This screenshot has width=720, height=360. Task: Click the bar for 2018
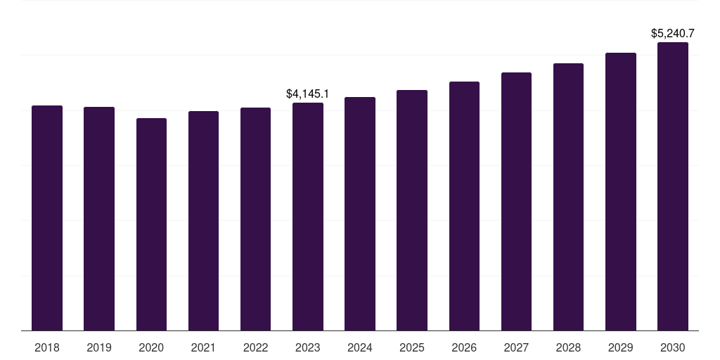point(47,218)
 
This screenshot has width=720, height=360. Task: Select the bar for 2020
point(152,224)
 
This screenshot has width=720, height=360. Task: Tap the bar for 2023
point(308,217)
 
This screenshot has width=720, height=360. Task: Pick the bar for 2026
point(464,206)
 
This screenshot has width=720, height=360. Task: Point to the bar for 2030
point(673,186)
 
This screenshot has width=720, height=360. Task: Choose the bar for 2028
point(568,197)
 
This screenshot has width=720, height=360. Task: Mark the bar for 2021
point(203,221)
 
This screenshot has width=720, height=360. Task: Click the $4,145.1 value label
point(308,94)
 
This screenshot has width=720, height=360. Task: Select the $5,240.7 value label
point(673,34)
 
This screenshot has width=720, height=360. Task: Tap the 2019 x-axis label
point(99,347)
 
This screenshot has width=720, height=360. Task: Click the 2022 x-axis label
point(255,347)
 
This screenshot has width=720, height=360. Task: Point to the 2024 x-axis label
point(360,347)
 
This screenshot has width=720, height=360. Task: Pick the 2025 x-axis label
point(412,347)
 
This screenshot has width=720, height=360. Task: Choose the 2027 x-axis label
point(516,347)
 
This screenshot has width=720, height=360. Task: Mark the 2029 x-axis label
point(620,347)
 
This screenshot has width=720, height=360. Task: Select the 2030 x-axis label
point(673,347)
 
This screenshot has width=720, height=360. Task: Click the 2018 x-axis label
point(47,347)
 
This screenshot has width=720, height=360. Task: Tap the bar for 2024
point(360,214)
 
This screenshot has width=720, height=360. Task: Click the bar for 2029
point(621,192)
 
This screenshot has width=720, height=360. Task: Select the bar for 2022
point(255,219)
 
